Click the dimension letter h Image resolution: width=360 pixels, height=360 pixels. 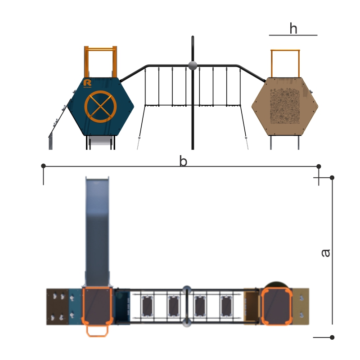click(x=293, y=28)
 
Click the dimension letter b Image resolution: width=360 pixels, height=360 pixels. click(x=183, y=161)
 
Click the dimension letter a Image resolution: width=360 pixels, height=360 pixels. click(x=325, y=253)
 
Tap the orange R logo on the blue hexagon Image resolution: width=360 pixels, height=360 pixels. click(x=87, y=83)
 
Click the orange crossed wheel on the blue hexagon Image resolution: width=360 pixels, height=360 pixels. click(x=100, y=107)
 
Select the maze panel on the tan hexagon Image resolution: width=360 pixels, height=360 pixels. click(x=285, y=106)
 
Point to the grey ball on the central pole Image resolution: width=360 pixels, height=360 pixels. click(x=193, y=66)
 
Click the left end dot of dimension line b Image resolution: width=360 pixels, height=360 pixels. click(x=43, y=166)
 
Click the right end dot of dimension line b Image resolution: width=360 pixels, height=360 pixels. click(x=319, y=166)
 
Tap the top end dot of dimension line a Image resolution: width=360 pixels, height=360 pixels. click(x=332, y=177)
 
